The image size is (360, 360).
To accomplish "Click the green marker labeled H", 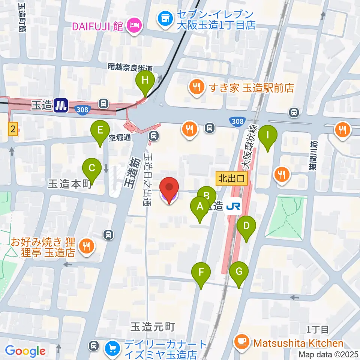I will [x=145, y=80].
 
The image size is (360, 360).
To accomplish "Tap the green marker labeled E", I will [x=100, y=130].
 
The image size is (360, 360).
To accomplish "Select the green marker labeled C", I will [x=92, y=168].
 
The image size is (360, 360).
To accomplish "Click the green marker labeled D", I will [x=246, y=226].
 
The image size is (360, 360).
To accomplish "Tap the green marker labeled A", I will [x=200, y=207].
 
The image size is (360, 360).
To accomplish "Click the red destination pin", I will [x=169, y=187].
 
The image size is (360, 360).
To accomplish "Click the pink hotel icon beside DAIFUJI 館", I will [x=134, y=25].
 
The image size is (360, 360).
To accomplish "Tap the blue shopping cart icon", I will [x=112, y=348].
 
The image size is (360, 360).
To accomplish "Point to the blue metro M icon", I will [x=61, y=105].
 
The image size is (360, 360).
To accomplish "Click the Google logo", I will [x=25, y=351].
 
